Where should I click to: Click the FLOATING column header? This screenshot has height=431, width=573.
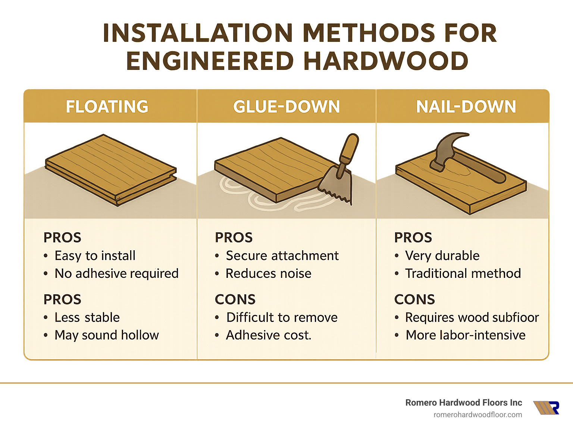coord(107,106)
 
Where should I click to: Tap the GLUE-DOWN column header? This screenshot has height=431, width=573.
coord(286,106)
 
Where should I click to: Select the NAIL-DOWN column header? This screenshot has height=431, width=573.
coord(466,106)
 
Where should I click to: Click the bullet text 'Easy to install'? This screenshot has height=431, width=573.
coord(95,255)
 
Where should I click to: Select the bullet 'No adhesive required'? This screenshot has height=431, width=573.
coord(116,273)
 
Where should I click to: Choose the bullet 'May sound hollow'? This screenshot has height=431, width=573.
coord(107,335)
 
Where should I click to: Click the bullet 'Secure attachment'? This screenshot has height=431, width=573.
coord(282,255)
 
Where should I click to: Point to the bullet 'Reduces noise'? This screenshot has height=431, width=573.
coord(268,273)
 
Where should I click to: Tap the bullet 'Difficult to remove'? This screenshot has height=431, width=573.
coord(282,317)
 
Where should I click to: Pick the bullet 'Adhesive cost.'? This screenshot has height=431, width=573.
coord(268,335)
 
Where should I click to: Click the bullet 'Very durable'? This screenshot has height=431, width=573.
coord(442,255)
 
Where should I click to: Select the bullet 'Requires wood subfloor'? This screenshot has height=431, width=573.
coord(472,317)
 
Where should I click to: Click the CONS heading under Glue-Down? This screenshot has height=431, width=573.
coord(235,299)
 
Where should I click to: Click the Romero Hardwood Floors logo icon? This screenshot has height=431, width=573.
coord(547,408)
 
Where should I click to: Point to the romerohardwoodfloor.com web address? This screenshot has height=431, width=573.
coord(477,415)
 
